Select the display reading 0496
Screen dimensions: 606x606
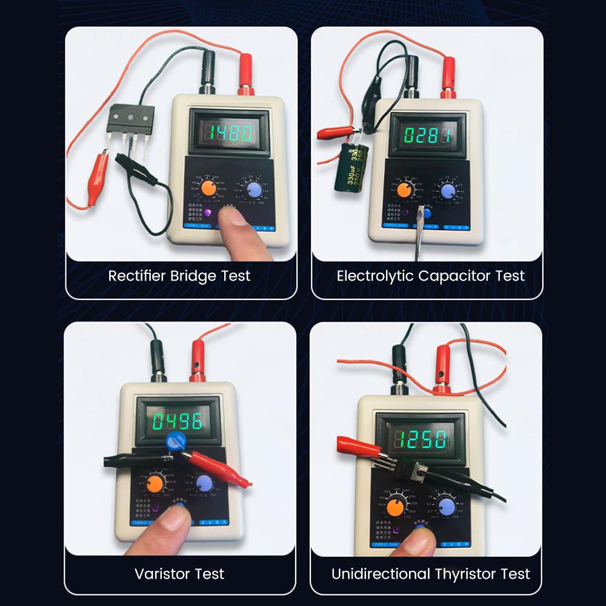[x=178, y=421]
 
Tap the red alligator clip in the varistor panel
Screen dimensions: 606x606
[x=224, y=470]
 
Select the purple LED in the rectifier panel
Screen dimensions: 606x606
[x=208, y=213]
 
